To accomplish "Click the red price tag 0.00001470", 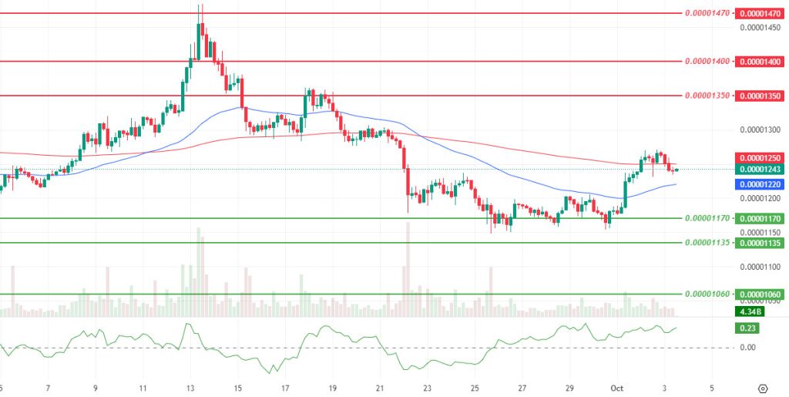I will (760, 13).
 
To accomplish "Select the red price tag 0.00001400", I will (760, 61).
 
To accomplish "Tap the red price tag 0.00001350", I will (760, 96).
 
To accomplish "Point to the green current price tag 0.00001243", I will (760, 170).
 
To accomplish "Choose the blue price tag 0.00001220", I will (760, 185).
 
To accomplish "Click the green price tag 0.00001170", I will (760, 218).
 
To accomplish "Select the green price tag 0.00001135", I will (760, 243).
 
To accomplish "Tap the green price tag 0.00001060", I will (760, 294).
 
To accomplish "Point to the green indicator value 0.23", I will (748, 328).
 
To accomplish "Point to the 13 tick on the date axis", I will (190, 388).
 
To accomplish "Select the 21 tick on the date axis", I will (380, 388).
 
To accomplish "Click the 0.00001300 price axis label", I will (760, 130).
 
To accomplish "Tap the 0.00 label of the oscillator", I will (747, 348).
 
